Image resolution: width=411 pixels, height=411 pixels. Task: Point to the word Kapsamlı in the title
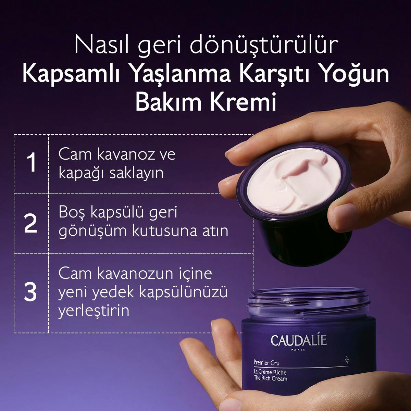72,74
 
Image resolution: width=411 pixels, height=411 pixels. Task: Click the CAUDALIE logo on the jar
298,340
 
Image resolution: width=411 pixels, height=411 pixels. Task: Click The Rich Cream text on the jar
270,378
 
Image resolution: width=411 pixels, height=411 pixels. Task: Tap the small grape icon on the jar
347,360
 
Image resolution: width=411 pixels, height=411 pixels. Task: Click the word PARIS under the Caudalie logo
298,350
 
